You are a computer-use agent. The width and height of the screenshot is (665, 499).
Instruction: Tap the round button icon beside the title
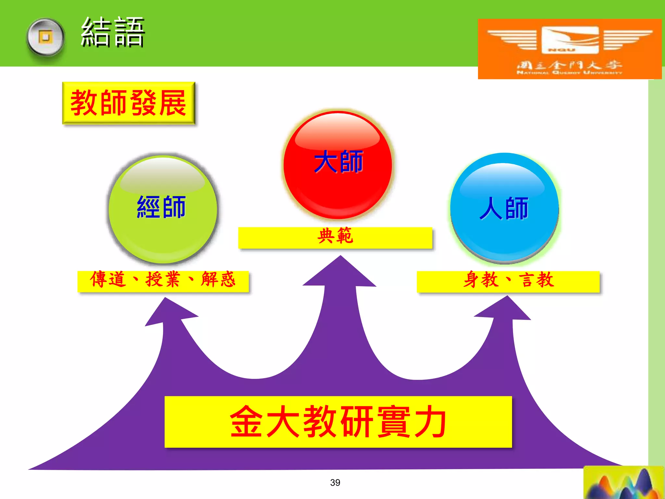45,38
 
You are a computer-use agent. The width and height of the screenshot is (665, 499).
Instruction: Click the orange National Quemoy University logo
569,49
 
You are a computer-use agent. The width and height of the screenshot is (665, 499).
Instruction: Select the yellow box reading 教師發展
129,103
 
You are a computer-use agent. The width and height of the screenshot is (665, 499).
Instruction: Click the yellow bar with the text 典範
335,237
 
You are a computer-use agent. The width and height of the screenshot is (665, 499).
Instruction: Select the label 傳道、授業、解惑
163,280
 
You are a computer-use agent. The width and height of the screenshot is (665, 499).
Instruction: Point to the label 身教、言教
508,281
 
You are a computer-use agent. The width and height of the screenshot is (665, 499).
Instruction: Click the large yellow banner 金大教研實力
338,422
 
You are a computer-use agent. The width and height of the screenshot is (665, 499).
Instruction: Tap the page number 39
335,482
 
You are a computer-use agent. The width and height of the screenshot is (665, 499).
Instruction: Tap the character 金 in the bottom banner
246,421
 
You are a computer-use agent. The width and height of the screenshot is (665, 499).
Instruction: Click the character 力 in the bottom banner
430,421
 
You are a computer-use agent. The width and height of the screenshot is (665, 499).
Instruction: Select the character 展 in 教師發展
173,103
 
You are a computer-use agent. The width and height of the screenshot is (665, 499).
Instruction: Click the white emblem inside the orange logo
570,40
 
